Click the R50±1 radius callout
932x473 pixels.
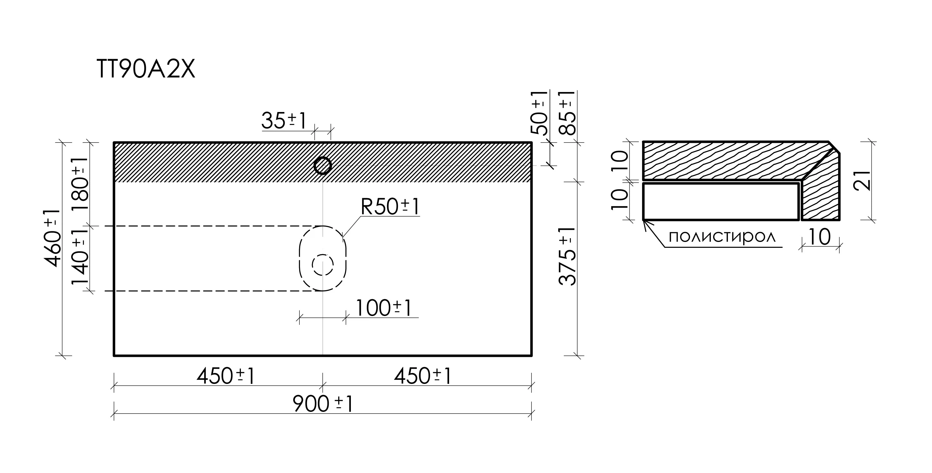[390, 206]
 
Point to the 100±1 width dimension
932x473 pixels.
[384, 308]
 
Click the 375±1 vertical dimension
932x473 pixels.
[567, 256]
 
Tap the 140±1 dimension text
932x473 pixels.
[80, 257]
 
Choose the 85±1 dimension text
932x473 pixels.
[567, 113]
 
